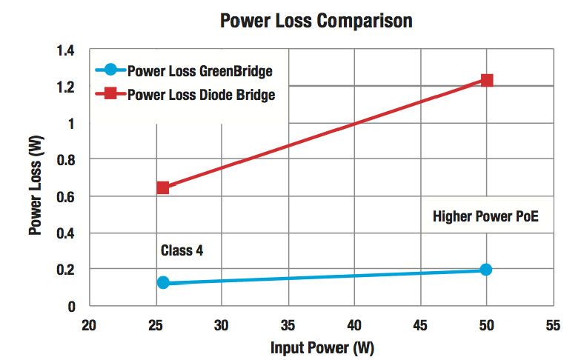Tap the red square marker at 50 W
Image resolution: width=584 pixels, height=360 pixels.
(487, 80)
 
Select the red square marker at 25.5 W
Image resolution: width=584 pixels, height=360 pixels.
(163, 187)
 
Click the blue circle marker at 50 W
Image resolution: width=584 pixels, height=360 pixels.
(486, 270)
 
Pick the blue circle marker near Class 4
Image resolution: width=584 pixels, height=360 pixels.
(163, 282)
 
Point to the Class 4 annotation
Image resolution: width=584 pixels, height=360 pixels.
(182, 250)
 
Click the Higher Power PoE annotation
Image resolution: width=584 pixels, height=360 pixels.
(485, 217)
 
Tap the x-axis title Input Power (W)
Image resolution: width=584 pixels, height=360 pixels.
(321, 347)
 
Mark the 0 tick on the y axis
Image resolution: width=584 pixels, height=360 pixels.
(72, 306)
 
